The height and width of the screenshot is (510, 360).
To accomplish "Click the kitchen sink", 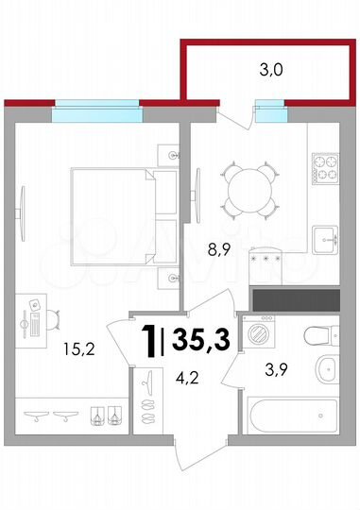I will pyautogui.click(x=326, y=238).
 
